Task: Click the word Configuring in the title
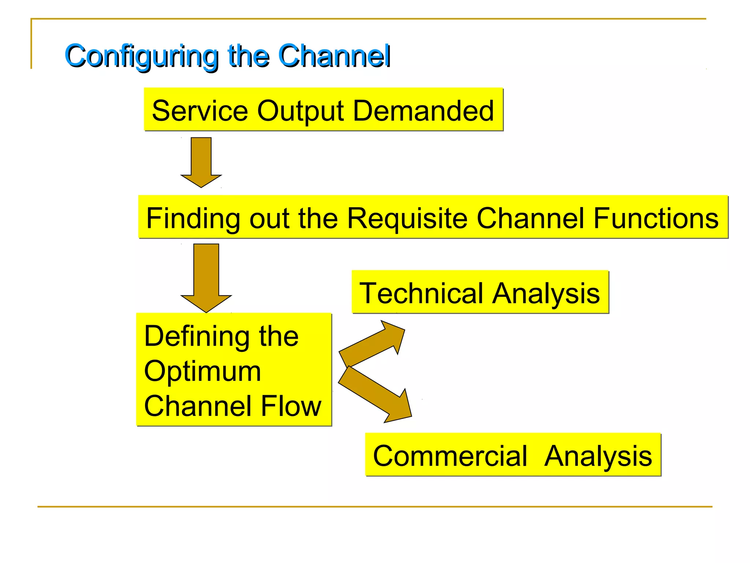click(x=141, y=56)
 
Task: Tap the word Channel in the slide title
click(x=334, y=56)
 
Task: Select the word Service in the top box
click(x=200, y=111)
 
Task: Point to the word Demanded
click(x=423, y=111)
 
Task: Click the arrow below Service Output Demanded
click(x=201, y=162)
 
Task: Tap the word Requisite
click(x=407, y=218)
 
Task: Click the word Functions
click(x=656, y=218)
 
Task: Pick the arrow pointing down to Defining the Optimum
click(x=206, y=278)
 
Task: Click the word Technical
click(x=422, y=293)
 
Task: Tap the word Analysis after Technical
click(x=546, y=293)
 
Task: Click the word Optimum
click(x=203, y=371)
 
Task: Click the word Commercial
click(x=450, y=456)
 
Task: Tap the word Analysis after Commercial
click(x=598, y=456)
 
